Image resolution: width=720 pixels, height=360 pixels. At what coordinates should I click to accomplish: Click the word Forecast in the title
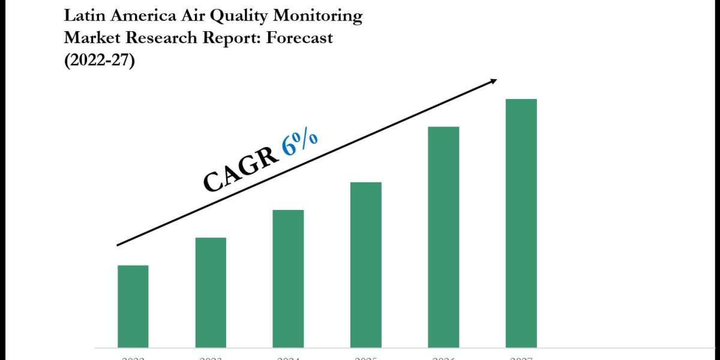point(298,38)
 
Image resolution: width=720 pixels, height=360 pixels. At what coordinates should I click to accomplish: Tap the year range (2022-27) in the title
point(100,61)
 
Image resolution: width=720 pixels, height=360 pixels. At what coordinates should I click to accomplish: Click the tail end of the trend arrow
point(118,245)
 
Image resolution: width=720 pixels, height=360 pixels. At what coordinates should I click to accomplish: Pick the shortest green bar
point(133,306)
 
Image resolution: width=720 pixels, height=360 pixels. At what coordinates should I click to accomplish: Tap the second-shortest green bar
point(211,292)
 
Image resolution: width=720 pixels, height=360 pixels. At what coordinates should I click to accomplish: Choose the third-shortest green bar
point(288,278)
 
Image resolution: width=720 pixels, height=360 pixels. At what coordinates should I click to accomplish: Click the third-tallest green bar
point(366,265)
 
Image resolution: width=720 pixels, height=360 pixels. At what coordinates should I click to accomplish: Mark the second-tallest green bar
point(443,237)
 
